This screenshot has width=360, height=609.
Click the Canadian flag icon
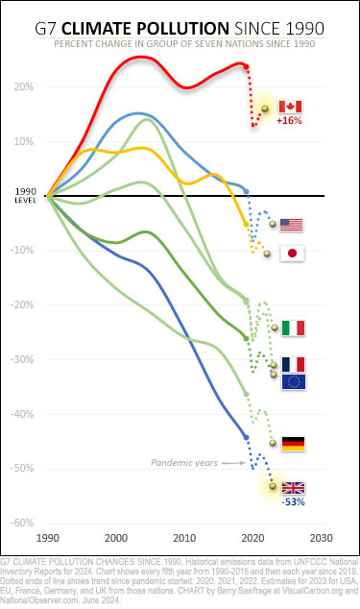(x=289, y=107)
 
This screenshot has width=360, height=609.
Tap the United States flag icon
(x=291, y=225)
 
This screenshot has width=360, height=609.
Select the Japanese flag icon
(x=291, y=254)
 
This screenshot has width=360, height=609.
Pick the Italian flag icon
(x=292, y=328)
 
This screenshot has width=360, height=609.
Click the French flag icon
(x=292, y=364)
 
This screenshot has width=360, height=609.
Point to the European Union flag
(x=292, y=382)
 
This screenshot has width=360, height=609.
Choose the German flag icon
(x=292, y=443)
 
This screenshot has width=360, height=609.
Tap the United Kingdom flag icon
(x=292, y=487)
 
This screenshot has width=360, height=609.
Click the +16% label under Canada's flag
(x=289, y=122)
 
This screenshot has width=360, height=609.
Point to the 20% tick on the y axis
(x=24, y=86)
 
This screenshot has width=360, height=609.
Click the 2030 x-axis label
(x=322, y=538)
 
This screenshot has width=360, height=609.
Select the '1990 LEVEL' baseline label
(x=25, y=196)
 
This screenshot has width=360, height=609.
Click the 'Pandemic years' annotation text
(x=181, y=462)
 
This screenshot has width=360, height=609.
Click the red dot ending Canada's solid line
(x=247, y=66)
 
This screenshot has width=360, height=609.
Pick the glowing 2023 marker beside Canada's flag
(x=265, y=108)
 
